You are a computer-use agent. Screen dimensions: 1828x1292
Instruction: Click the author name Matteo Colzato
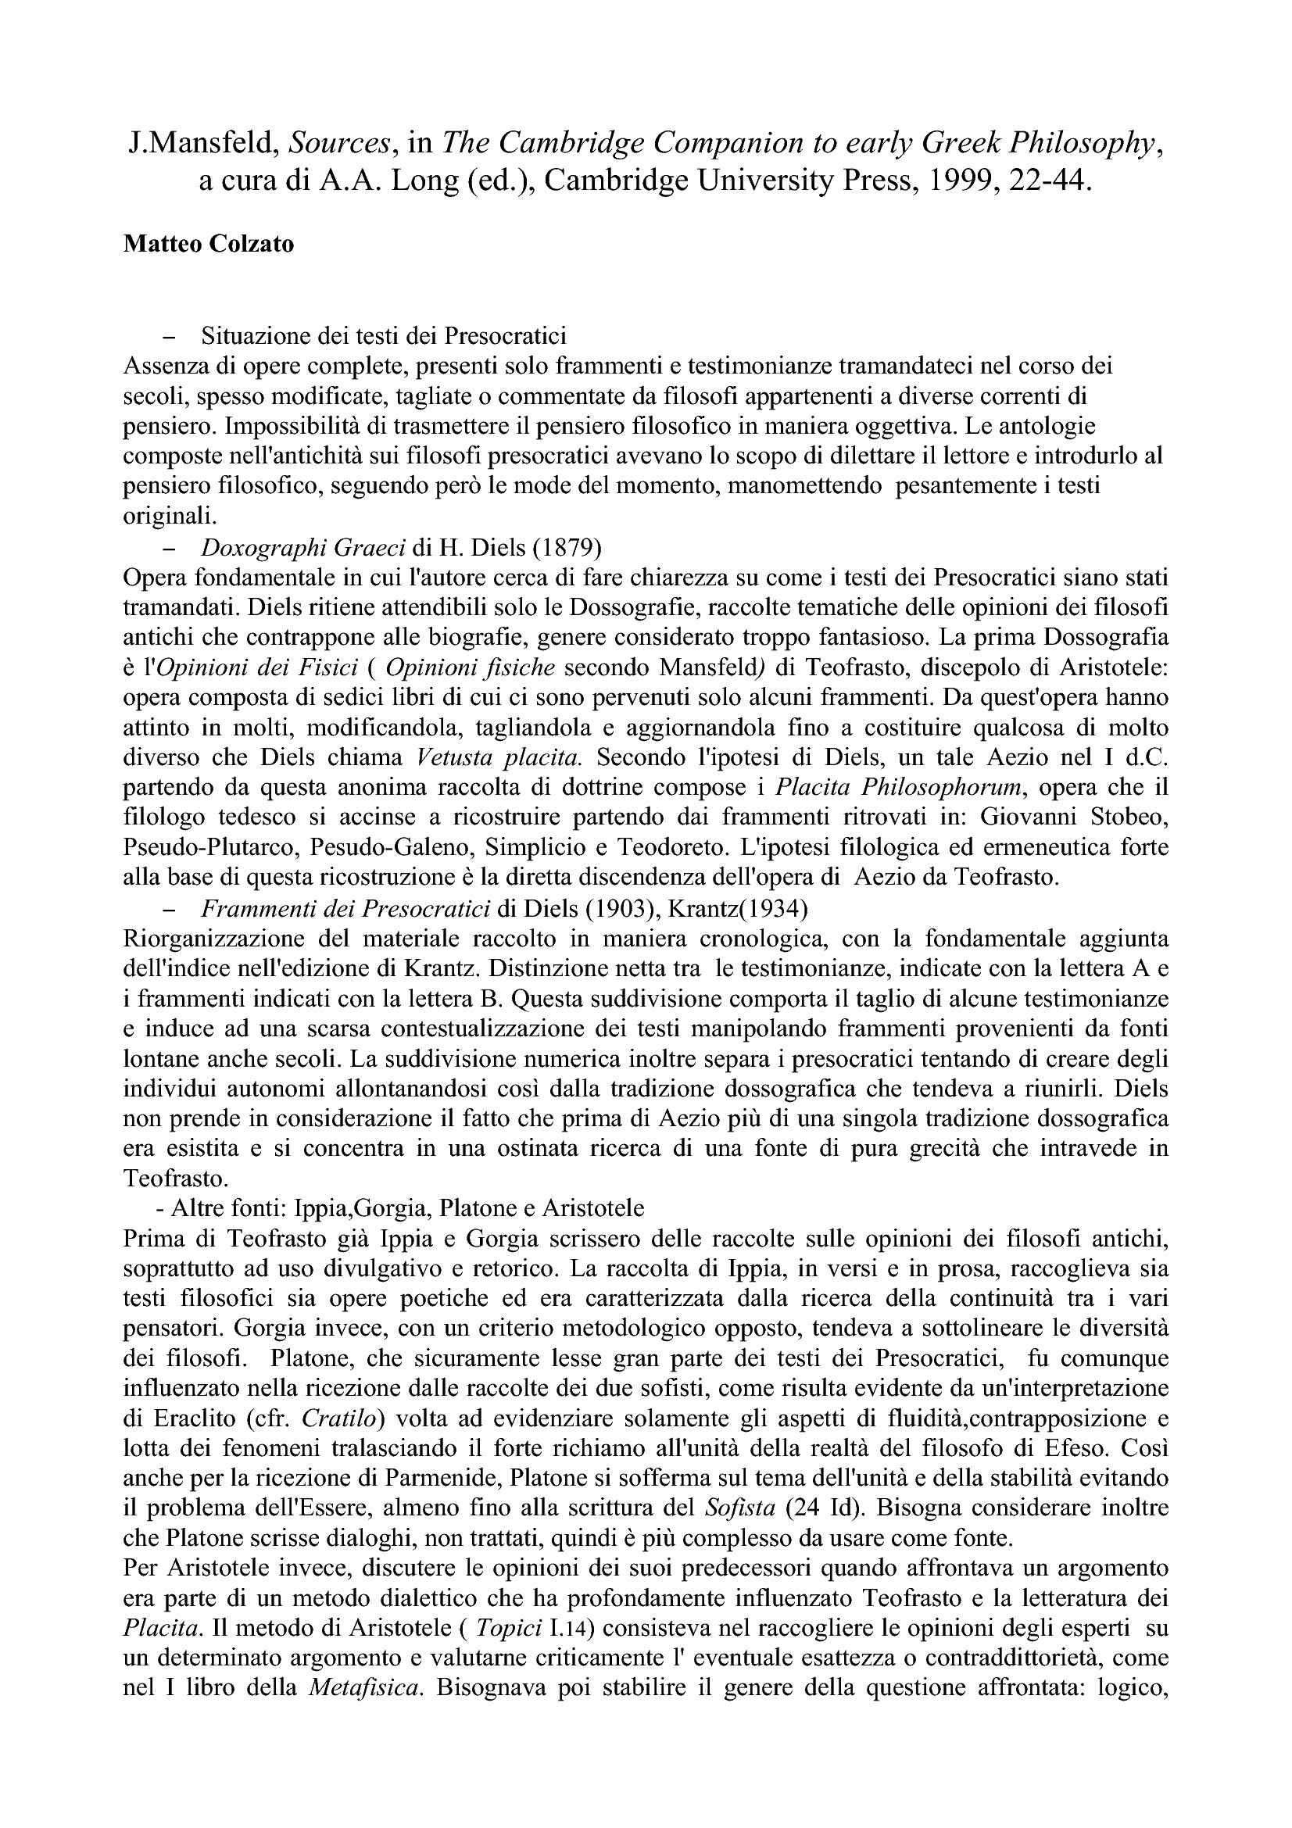pyautogui.click(x=209, y=245)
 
